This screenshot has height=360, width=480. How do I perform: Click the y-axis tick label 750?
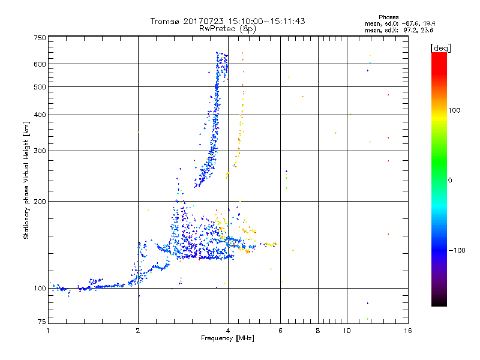coord(40,38)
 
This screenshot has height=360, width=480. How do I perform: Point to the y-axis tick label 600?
coord(40,64)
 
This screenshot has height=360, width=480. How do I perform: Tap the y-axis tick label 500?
coord(40,86)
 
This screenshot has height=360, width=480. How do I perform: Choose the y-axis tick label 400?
coord(40,115)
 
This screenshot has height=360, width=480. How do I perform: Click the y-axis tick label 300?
coord(40,151)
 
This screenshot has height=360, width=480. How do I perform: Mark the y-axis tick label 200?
coord(40,201)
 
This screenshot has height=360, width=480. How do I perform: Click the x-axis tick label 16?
coord(407,331)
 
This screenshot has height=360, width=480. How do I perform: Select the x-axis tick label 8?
coord(318,331)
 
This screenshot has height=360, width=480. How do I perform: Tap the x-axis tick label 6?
coord(280,331)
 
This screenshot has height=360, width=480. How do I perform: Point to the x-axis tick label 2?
coord(138,331)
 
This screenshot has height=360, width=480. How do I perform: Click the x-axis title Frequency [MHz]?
coord(228,338)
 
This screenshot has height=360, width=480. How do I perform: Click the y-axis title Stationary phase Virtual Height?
coord(26,180)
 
